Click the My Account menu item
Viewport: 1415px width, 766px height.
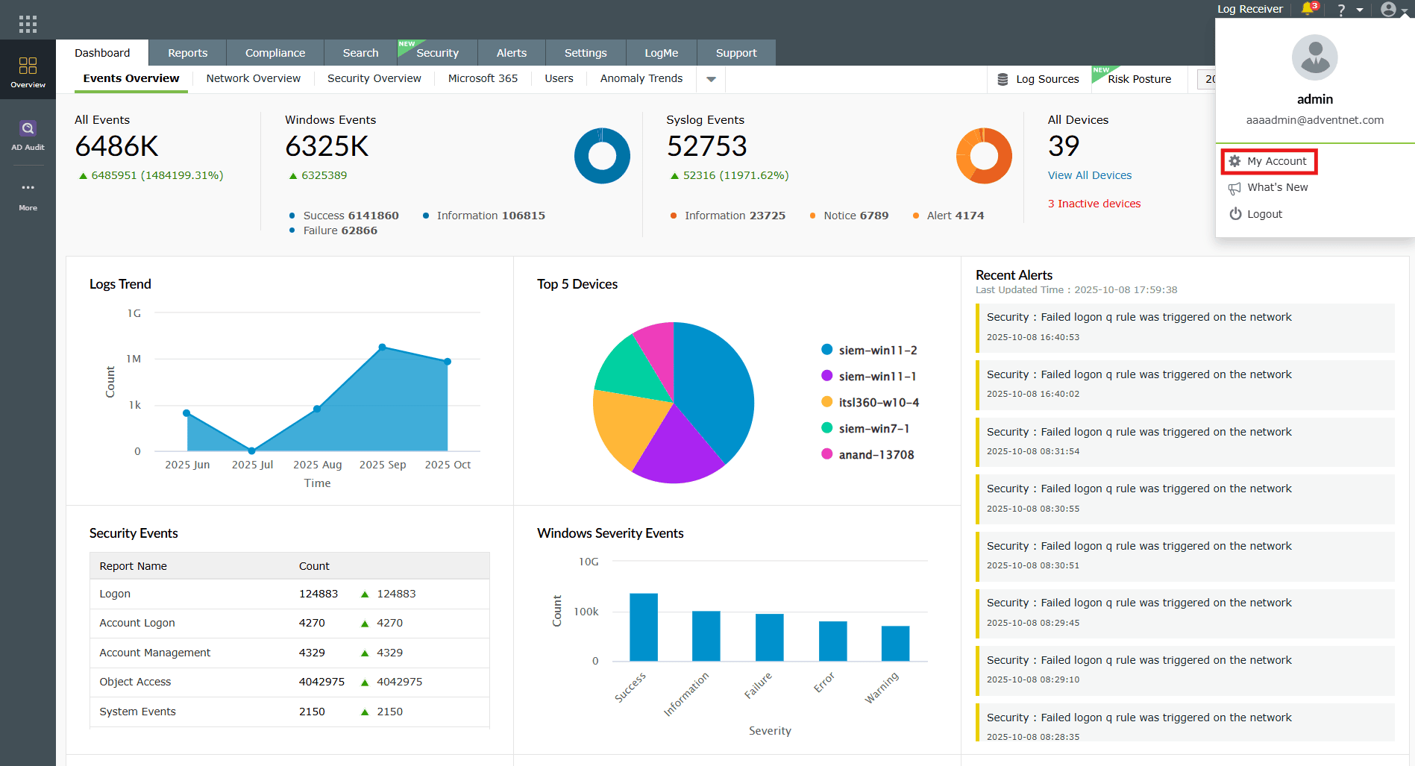click(1276, 161)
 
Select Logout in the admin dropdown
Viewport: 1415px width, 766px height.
click(1264, 214)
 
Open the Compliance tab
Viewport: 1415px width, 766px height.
click(274, 53)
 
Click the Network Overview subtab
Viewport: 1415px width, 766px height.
click(253, 78)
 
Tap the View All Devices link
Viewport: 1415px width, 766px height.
click(1089, 175)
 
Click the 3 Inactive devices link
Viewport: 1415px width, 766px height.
click(1094, 204)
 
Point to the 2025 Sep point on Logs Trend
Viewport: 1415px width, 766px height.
click(382, 347)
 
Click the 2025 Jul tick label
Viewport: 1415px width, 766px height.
click(252, 465)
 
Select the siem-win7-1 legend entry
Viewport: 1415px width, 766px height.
click(873, 428)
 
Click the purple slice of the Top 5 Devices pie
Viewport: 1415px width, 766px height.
click(674, 448)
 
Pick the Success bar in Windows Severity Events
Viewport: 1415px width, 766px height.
click(643, 627)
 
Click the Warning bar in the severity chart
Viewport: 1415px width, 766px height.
click(895, 643)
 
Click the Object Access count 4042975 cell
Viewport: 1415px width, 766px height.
click(321, 682)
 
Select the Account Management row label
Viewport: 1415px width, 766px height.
click(154, 653)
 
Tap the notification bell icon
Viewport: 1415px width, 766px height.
click(1307, 9)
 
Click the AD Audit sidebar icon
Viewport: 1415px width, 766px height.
click(28, 134)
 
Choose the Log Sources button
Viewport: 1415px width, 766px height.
click(1038, 79)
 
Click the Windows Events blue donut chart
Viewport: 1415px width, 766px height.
click(602, 156)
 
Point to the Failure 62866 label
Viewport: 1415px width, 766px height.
click(339, 230)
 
